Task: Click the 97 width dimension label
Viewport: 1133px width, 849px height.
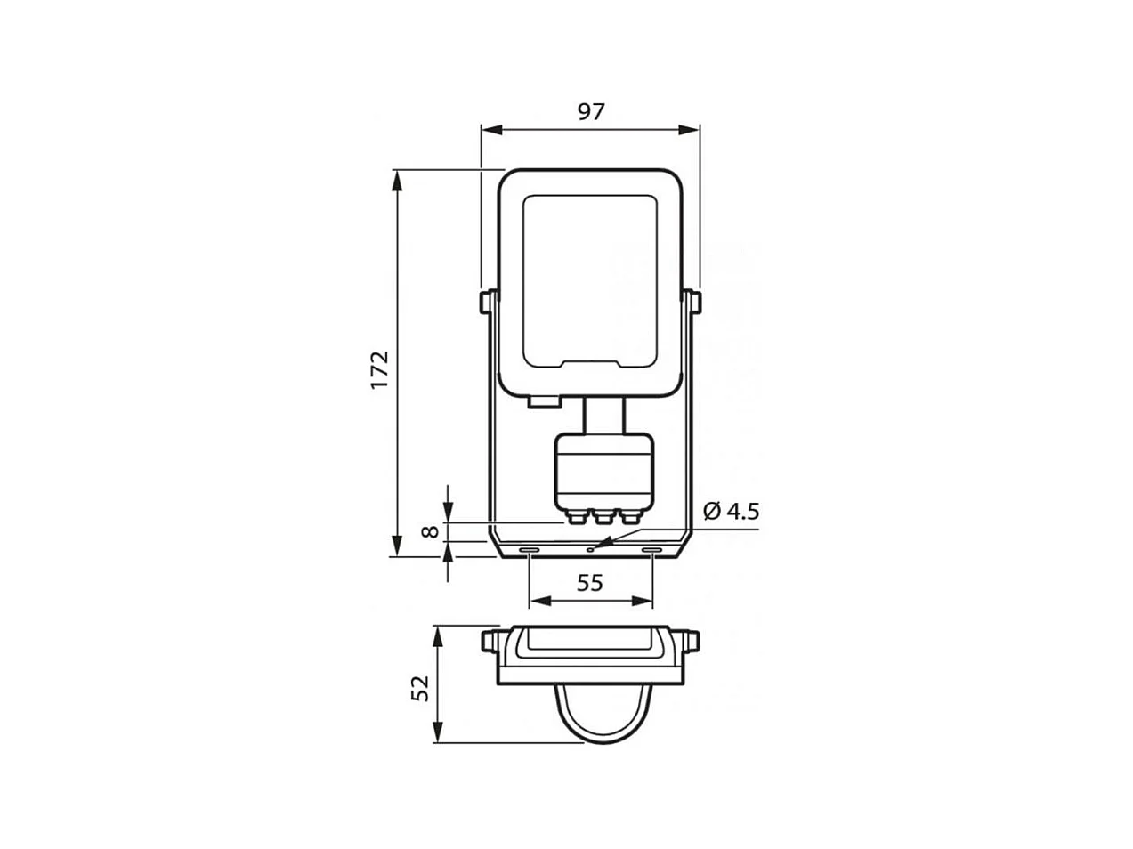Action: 590,111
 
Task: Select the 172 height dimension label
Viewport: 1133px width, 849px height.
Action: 379,370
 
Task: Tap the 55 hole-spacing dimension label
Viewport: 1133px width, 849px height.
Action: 589,583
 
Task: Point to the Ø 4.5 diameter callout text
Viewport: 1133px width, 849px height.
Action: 732,511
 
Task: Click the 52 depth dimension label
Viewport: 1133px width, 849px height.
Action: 420,688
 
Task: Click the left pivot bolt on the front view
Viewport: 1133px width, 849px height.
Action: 485,303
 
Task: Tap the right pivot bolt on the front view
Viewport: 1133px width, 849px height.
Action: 694,303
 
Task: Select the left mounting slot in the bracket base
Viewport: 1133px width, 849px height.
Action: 529,550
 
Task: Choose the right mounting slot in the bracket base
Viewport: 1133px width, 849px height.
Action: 651,550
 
